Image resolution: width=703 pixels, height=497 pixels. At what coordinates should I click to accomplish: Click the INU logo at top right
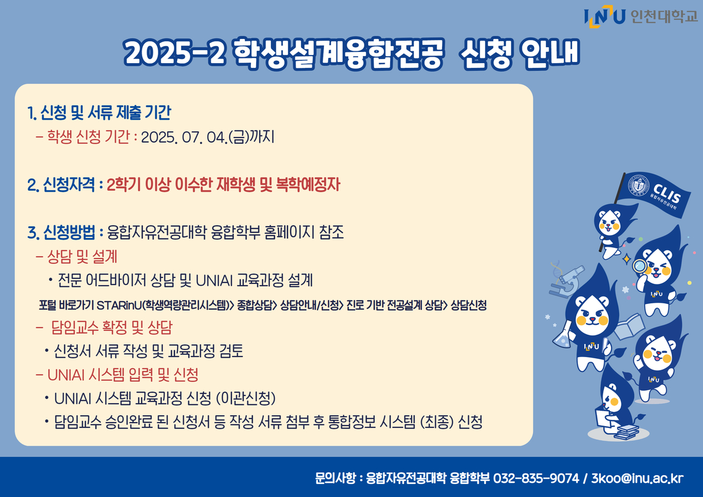coord(604,17)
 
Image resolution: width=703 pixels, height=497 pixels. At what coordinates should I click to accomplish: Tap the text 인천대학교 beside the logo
coord(664,16)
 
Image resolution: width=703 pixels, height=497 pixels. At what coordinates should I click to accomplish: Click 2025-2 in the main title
coord(174,53)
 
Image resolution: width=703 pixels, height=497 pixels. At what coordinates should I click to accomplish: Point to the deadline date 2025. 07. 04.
coord(184,137)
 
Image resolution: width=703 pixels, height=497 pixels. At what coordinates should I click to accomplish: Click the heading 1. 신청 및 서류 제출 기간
coord(99,112)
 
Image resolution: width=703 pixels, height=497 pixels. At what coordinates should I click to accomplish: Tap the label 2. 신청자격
coord(61,185)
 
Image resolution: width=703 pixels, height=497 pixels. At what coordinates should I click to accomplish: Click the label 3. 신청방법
coord(61,232)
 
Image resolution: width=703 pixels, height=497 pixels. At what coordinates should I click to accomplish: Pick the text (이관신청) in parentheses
coord(246,398)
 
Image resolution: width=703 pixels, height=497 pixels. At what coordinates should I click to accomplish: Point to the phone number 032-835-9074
coord(536,478)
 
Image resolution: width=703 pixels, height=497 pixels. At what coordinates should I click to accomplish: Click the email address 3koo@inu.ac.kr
coord(637,478)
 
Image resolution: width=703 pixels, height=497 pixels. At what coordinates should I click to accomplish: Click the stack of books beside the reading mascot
coord(626,432)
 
